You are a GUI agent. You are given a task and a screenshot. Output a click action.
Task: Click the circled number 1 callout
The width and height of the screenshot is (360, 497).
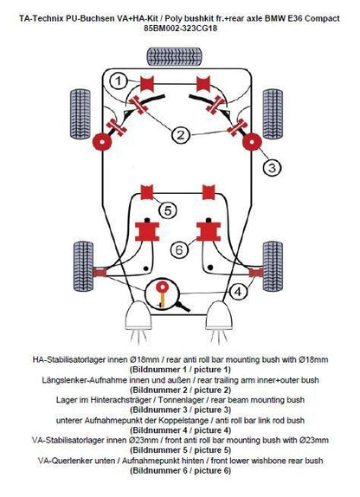point(119,81)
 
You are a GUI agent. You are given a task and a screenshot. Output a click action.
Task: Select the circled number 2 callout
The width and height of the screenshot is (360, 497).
point(180,135)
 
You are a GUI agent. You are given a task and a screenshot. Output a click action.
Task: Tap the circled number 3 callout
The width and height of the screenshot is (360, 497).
point(273,167)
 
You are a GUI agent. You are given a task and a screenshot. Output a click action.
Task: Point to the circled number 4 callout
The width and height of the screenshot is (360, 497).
point(238,291)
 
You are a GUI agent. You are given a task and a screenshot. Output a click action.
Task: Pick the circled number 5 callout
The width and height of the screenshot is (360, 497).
point(168,210)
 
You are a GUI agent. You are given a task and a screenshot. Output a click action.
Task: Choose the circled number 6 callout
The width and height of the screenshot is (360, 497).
point(179,250)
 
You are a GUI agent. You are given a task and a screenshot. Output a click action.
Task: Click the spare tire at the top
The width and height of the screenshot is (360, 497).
point(174,56)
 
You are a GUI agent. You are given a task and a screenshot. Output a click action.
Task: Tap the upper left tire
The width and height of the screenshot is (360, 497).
point(80,114)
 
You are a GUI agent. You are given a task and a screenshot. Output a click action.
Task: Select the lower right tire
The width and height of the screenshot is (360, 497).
point(273,267)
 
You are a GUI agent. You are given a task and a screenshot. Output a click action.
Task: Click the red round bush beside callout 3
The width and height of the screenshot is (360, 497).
point(252,142)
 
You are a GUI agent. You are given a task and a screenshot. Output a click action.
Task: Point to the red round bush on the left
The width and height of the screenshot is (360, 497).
point(102,142)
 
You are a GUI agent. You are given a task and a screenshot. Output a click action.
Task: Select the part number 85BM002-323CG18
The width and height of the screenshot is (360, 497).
point(180,28)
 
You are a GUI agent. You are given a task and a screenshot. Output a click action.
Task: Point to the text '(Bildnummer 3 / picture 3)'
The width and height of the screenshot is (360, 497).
point(180,410)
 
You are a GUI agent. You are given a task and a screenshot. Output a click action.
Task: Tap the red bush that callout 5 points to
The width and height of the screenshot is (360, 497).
point(147,192)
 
